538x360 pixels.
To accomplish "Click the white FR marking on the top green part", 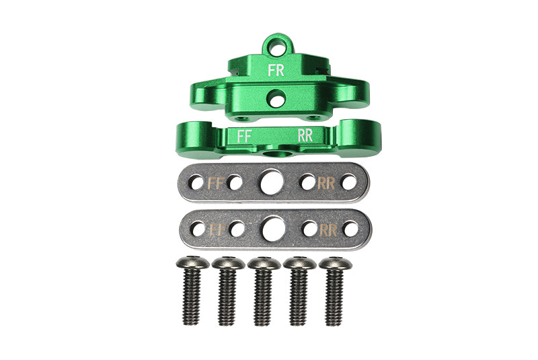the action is [276, 71].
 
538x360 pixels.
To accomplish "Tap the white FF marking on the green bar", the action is [245, 137].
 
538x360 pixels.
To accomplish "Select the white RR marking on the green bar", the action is [305, 135].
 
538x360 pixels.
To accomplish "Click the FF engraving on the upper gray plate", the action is [217, 183].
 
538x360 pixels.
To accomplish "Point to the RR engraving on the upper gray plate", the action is [326, 183].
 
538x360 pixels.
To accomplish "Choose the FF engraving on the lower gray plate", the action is [217, 230].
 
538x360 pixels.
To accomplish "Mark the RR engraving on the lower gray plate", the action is [328, 230].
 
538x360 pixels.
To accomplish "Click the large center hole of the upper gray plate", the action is [272, 182].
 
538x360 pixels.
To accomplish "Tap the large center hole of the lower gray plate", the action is [274, 229].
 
